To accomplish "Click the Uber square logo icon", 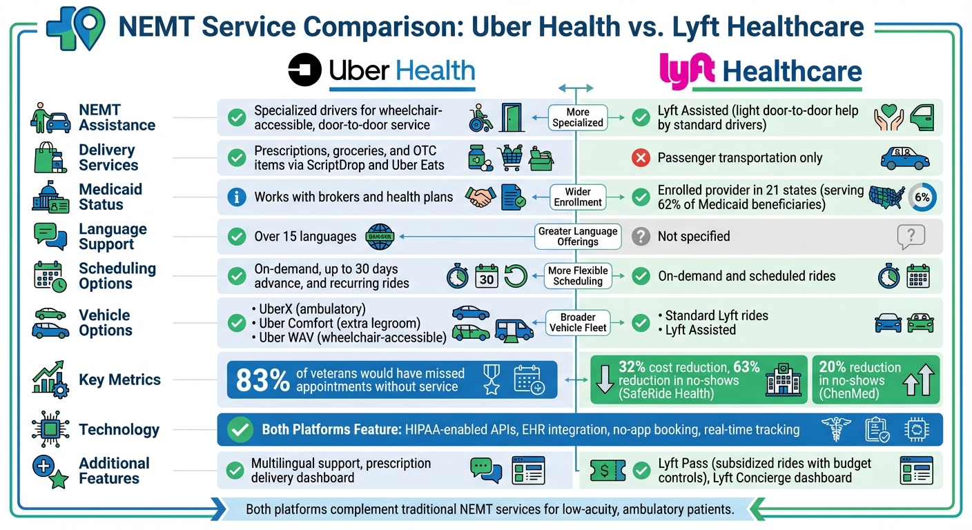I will click(x=305, y=71).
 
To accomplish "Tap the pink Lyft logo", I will click(x=685, y=71).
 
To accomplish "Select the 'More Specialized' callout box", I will click(x=577, y=117).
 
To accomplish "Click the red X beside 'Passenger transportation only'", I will click(x=641, y=158).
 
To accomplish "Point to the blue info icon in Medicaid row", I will click(x=237, y=197).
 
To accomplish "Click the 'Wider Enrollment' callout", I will click(x=577, y=197).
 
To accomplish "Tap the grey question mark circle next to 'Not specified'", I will click(x=641, y=237).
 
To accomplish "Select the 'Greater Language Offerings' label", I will click(x=577, y=236).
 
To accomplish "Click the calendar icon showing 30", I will click(x=486, y=277).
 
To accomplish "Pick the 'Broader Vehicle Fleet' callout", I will click(x=577, y=323).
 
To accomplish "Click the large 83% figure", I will click(x=262, y=380).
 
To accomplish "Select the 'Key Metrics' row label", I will click(x=119, y=380).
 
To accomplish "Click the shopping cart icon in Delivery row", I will click(x=511, y=158).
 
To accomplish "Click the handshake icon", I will click(x=480, y=197).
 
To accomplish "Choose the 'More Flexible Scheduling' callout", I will click(x=577, y=276).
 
